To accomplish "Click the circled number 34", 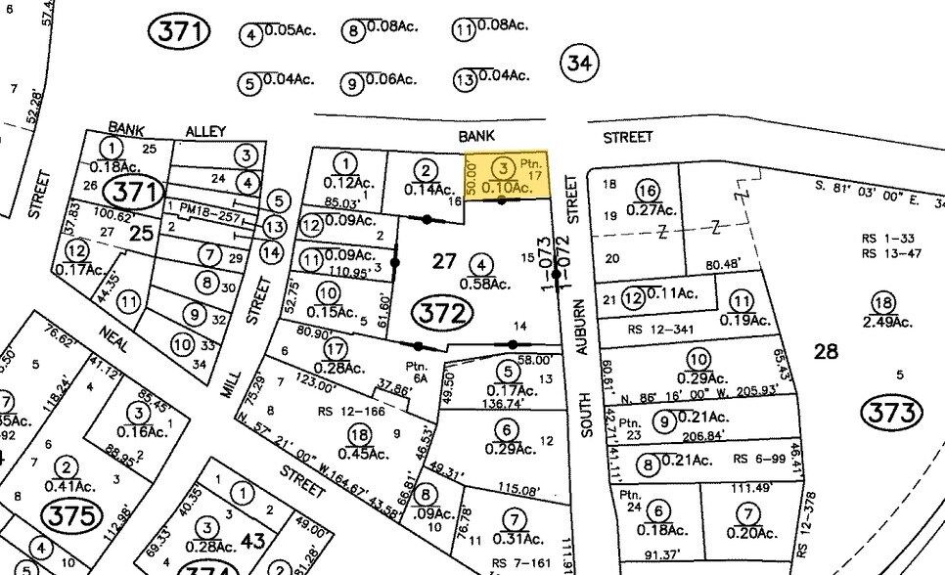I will click(577, 65).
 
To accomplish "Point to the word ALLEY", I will click(205, 132).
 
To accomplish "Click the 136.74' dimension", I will click(503, 403).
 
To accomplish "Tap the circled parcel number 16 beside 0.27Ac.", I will click(646, 189).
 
